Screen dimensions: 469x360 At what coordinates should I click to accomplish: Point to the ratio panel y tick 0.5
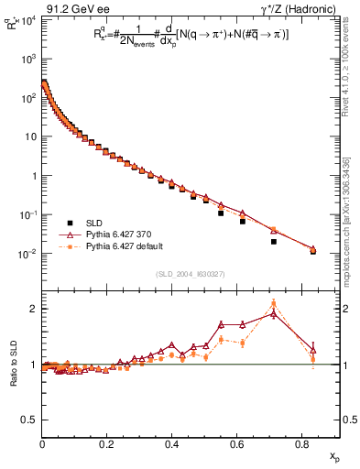click(30, 420)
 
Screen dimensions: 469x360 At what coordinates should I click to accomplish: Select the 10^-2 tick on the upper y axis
click(29, 254)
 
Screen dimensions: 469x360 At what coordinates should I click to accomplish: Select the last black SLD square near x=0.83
click(312, 251)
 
